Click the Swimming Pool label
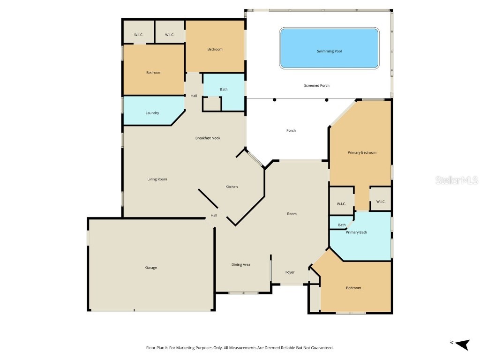coord(329,51)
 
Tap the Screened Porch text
coord(317,86)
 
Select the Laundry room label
coord(152,113)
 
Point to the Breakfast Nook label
coord(208,138)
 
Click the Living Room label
coord(157,179)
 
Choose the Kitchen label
coord(232,187)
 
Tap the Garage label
coord(151,268)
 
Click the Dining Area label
coord(240,265)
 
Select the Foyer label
coord(290,272)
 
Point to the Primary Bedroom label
coord(361,153)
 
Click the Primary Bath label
coord(356,232)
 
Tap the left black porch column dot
coord(275,100)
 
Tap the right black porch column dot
coord(327,100)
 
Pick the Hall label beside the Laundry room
coord(194,96)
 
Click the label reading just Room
coord(292,214)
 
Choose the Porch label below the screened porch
coord(291,131)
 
